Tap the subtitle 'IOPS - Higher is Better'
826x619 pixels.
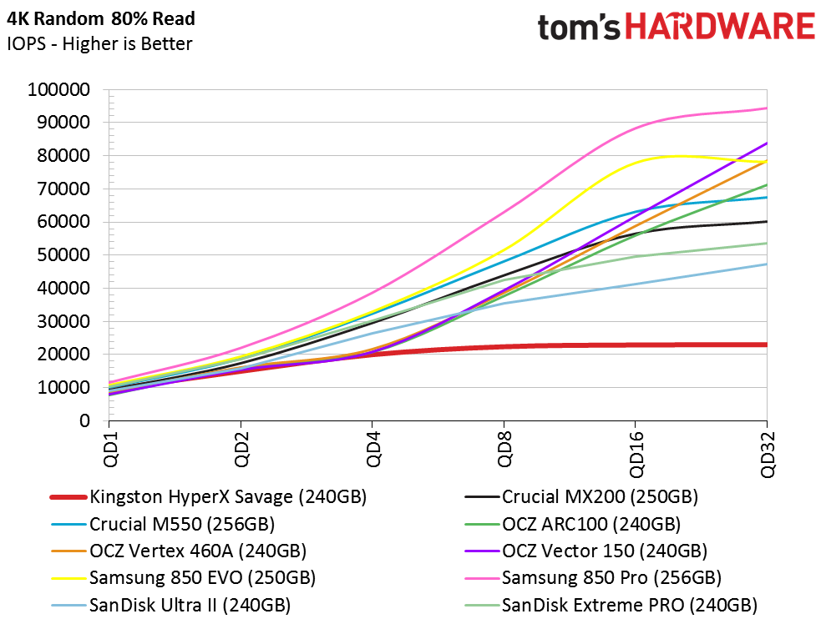pyautogui.click(x=99, y=43)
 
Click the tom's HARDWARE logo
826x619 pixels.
pyautogui.click(x=676, y=27)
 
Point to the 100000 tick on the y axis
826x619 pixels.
pyautogui.click(x=59, y=89)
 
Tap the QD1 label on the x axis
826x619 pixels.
pyautogui.click(x=109, y=450)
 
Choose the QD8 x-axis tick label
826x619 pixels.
pyautogui.click(x=504, y=450)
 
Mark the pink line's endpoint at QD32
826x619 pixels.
pyautogui.click(x=767, y=108)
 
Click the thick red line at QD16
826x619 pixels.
pyautogui.click(x=636, y=345)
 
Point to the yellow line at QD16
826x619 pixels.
pyautogui.click(x=636, y=162)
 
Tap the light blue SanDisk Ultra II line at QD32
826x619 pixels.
pyautogui.click(x=767, y=264)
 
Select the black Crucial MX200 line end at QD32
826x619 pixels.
pyautogui.click(x=767, y=221)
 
